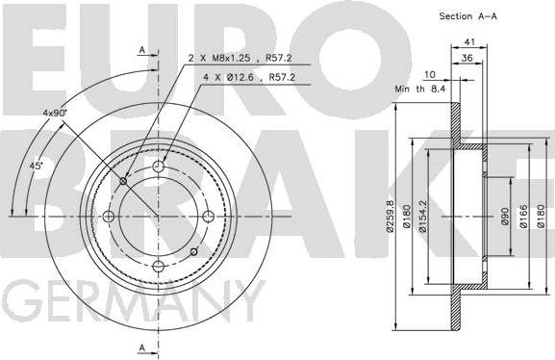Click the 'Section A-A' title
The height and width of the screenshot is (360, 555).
pos(467,16)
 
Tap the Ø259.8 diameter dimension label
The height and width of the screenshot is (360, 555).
pos(391,217)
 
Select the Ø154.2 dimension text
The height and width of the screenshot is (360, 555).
pos(423,217)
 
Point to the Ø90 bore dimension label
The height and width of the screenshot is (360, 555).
pos(505,217)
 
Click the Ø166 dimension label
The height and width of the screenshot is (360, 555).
pos(523,217)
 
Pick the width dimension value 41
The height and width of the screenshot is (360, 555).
pos(469,41)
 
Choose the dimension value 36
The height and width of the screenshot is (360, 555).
pos(467,58)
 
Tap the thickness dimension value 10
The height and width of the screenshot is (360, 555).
pos(430,74)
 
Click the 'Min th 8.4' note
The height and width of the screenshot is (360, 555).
pos(419,89)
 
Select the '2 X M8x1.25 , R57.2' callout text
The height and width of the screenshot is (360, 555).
pos(240,58)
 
